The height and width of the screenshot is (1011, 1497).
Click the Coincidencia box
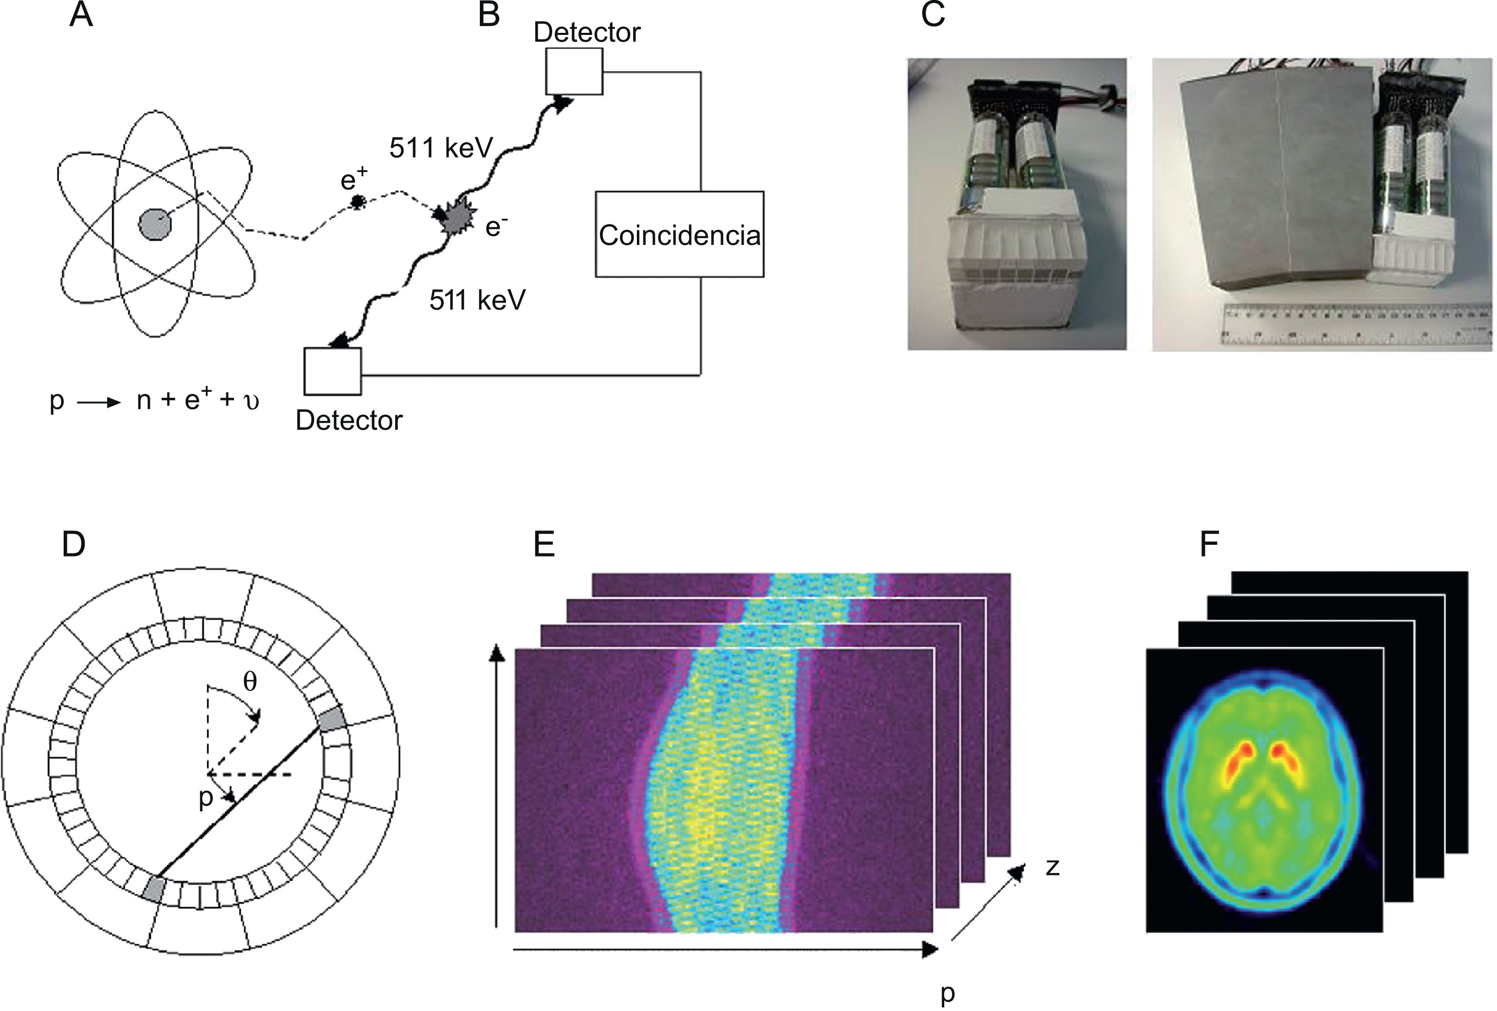(x=679, y=234)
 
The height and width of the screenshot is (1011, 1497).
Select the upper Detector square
(x=574, y=71)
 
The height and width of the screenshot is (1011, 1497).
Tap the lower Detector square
(x=333, y=371)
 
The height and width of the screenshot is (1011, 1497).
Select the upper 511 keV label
(x=441, y=148)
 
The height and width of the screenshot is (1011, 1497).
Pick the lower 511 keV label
(x=477, y=300)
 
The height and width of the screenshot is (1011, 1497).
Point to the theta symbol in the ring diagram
(x=250, y=682)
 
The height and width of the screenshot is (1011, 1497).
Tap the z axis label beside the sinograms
(x=1052, y=867)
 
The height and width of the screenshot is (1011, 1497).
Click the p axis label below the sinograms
(x=946, y=993)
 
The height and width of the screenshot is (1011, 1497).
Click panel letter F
(x=1209, y=544)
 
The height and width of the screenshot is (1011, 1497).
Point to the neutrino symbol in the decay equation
(x=252, y=402)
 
